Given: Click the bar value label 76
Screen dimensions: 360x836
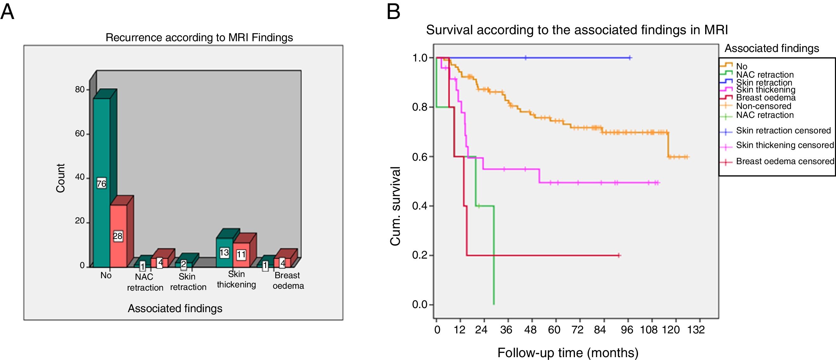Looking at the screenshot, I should (101, 184).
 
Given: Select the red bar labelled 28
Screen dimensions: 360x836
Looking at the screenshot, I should (118, 236).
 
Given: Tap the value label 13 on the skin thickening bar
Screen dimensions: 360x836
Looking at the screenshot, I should (224, 253).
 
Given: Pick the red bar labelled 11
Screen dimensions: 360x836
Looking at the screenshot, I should (241, 254).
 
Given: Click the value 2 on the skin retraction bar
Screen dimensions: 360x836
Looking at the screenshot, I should (183, 264).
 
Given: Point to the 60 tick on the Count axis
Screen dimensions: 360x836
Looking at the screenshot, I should (80, 133).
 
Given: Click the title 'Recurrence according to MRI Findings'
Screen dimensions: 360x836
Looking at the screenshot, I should (199, 38).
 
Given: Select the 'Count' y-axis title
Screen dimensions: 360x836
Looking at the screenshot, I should (61, 178).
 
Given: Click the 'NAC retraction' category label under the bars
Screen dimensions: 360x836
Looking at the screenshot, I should (145, 282).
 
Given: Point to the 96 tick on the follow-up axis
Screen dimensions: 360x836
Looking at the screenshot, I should (627, 330).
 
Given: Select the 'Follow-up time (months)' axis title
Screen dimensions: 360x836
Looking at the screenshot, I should (568, 352).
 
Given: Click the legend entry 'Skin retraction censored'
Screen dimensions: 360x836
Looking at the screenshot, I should (783, 131).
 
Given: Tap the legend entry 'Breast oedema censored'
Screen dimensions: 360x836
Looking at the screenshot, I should (785, 161).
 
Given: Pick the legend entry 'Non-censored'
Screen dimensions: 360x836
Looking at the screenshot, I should (763, 106).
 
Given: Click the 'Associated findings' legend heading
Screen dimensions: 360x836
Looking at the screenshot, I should (772, 48).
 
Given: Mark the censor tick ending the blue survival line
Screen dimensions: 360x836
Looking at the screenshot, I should (629, 58).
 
